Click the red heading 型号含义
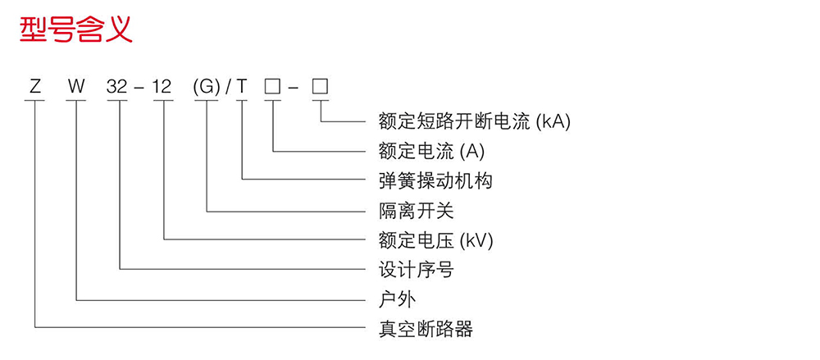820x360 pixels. pos(75,30)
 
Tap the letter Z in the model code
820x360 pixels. pos(34,85)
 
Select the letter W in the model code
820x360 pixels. pos(76,85)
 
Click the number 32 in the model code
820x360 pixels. pos(120,85)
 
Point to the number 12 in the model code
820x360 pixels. pos(163,85)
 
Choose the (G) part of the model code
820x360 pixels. pos(206,85)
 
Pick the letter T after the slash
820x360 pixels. pos(242,85)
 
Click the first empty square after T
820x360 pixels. pos(272,85)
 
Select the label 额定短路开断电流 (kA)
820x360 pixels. pos(474,121)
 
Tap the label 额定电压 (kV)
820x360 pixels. pos(435,240)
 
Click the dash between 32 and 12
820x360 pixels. pos(141,86)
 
